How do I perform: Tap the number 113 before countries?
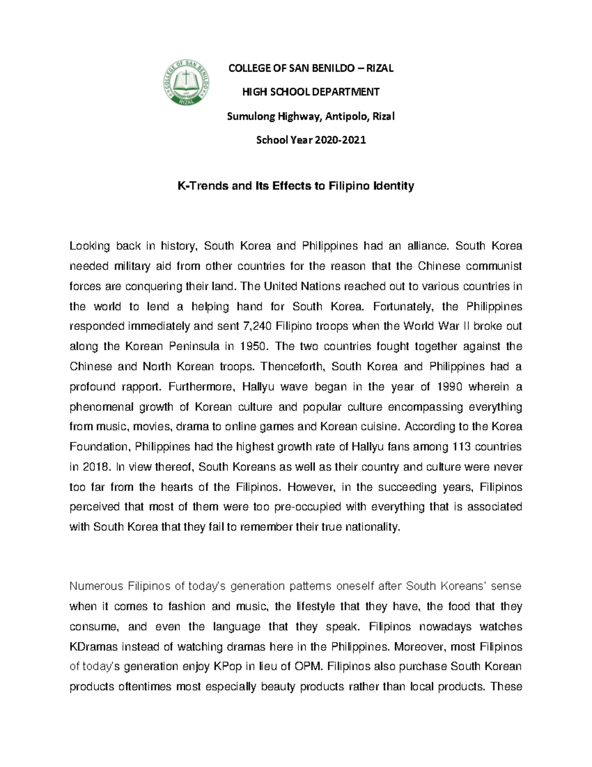461,447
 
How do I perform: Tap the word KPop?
227,667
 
